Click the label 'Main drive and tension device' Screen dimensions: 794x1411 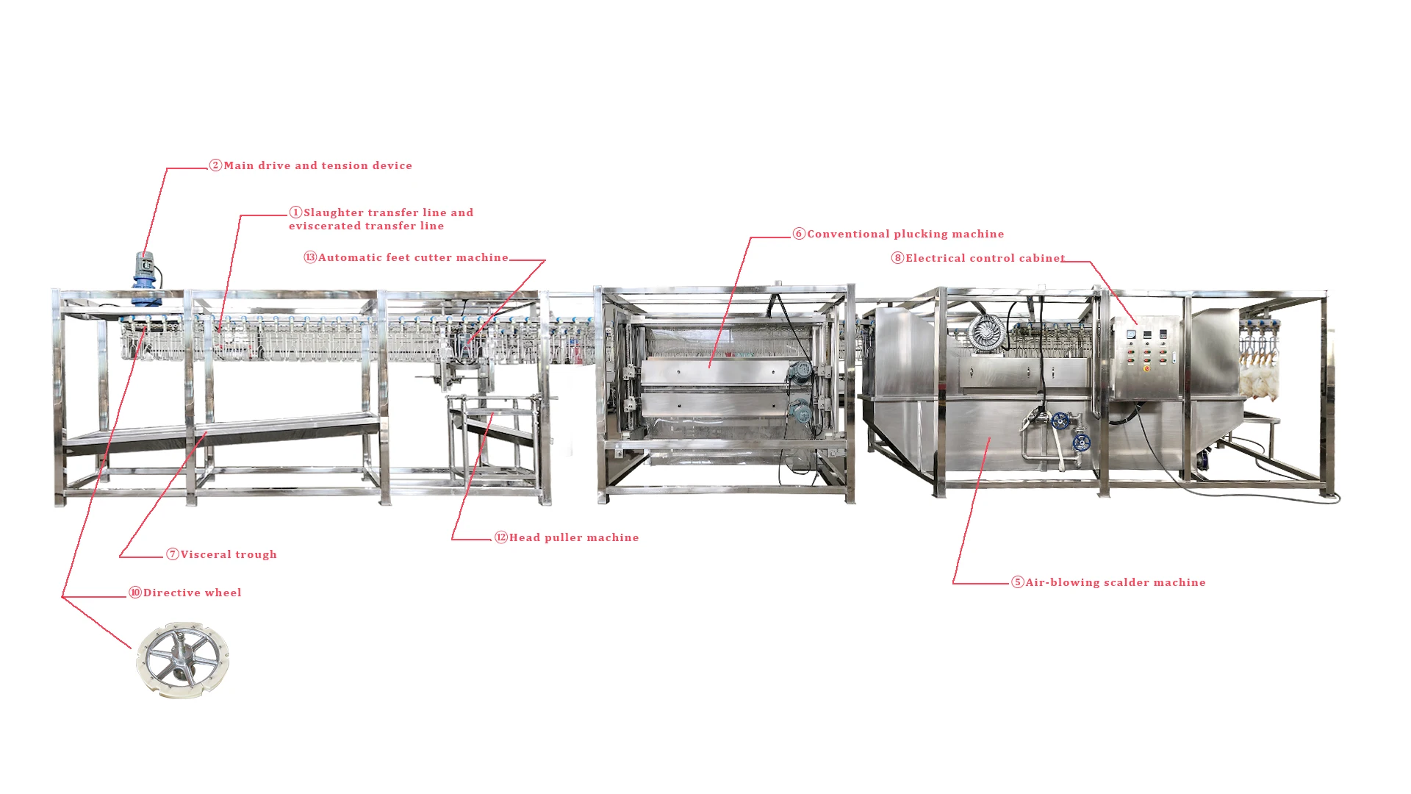[317, 165]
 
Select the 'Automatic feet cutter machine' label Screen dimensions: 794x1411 [413, 257]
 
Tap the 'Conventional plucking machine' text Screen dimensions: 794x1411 [905, 234]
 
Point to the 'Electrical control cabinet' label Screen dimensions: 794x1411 [985, 258]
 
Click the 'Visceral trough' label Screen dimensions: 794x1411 [229, 554]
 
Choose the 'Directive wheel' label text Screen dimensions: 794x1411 [192, 593]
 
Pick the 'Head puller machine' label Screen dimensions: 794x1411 [574, 537]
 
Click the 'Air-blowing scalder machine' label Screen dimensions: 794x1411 [1116, 582]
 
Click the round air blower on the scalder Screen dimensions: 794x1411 [985, 332]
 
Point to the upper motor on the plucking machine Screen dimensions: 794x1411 [800, 371]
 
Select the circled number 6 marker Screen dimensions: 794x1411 [799, 234]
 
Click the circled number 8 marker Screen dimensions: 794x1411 [897, 258]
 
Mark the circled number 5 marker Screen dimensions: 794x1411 [1017, 582]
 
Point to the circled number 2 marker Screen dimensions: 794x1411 [215, 165]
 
